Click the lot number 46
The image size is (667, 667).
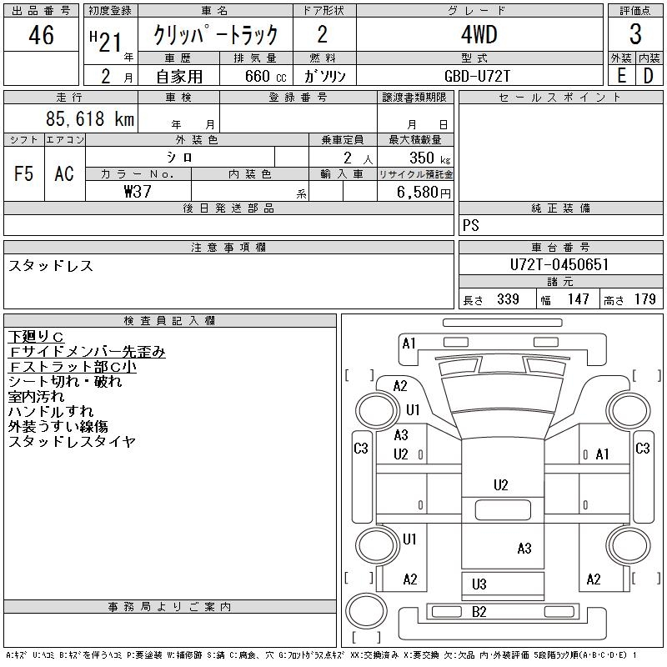40,36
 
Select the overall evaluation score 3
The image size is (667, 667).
635,36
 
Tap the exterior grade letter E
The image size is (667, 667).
621,75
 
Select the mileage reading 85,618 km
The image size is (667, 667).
90,119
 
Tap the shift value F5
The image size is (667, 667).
24,173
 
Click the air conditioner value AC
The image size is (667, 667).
64,173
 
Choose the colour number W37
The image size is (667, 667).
137,192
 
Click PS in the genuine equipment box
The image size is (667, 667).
471,226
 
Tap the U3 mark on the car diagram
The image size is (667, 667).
479,584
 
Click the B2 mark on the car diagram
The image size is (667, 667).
479,612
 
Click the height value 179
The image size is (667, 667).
644,299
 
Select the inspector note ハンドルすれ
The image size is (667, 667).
51,411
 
